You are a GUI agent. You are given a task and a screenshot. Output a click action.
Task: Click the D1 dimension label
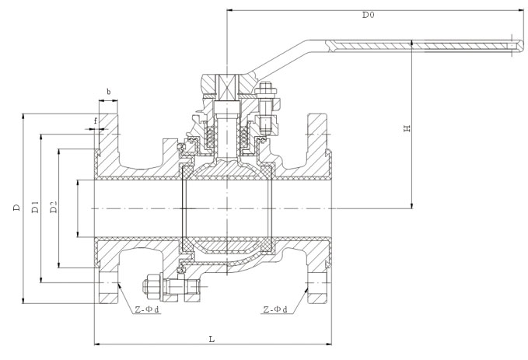click(34, 208)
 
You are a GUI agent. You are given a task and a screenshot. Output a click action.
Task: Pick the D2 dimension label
click(53, 208)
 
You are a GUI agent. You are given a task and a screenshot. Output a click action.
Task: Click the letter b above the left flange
click(108, 92)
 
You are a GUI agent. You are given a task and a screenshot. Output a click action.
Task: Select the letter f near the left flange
click(95, 121)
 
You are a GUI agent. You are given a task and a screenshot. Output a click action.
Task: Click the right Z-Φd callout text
click(274, 309)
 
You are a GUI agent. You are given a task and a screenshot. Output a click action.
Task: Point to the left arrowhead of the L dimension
click(96, 343)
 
